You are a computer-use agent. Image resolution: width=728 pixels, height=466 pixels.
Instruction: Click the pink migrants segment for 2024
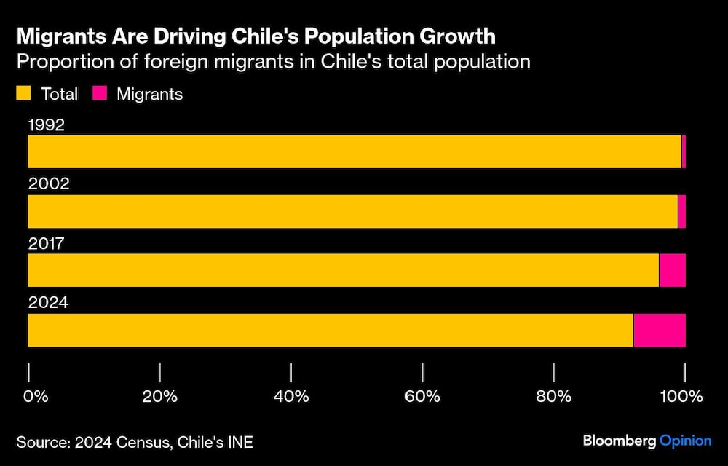click(x=660, y=331)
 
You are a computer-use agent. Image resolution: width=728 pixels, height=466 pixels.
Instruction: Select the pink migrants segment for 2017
click(x=672, y=270)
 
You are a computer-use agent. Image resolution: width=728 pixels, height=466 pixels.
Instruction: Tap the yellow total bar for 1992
click(x=354, y=151)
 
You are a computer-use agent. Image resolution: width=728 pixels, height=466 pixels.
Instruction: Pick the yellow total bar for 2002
click(x=352, y=211)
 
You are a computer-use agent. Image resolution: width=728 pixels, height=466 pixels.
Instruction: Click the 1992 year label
click(x=47, y=125)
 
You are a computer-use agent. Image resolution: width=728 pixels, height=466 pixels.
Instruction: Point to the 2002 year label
click(x=49, y=183)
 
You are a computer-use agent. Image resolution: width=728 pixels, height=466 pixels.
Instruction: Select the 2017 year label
click(x=47, y=243)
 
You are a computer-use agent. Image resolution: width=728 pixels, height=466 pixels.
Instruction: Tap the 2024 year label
click(x=48, y=302)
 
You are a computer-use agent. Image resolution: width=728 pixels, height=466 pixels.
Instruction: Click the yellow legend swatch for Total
click(x=25, y=94)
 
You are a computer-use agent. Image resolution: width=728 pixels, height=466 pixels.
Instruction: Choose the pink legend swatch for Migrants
click(x=100, y=94)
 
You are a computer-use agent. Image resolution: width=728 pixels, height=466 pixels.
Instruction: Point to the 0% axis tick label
click(x=36, y=397)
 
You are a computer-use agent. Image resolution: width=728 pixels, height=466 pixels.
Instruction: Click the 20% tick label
click(x=160, y=397)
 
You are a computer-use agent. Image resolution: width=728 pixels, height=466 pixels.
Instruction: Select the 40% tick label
click(x=291, y=397)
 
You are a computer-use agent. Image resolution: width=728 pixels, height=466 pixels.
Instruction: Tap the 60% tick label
click(x=423, y=397)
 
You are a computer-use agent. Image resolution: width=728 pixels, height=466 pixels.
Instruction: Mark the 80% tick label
click(x=554, y=397)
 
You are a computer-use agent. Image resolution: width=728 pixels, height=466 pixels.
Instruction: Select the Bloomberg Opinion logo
click(x=647, y=441)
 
